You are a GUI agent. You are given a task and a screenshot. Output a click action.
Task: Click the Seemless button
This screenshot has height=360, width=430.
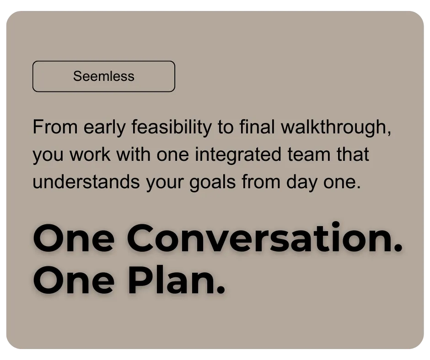coord(104,76)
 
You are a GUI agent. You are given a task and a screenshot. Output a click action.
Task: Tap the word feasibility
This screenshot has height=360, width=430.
coord(172,127)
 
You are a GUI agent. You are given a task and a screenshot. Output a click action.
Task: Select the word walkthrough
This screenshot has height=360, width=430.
coord(336,127)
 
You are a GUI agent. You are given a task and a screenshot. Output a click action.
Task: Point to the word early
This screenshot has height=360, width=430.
coord(104,127)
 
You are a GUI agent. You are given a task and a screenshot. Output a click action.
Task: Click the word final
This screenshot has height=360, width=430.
coord(257,127)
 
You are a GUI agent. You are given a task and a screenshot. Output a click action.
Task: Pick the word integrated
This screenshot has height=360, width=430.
coord(238,155)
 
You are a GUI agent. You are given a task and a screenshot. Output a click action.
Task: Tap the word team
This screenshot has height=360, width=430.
coord(309,154)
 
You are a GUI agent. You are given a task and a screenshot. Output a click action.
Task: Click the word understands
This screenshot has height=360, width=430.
coord(86,182)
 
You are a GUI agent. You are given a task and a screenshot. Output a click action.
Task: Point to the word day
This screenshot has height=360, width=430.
coord(301,182)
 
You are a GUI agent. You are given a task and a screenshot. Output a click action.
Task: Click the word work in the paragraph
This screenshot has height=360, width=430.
coord(90,154)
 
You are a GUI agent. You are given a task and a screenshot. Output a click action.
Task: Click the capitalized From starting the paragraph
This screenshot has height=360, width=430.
coord(55,127)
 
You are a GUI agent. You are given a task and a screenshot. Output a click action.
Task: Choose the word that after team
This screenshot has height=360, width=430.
coord(353,154)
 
